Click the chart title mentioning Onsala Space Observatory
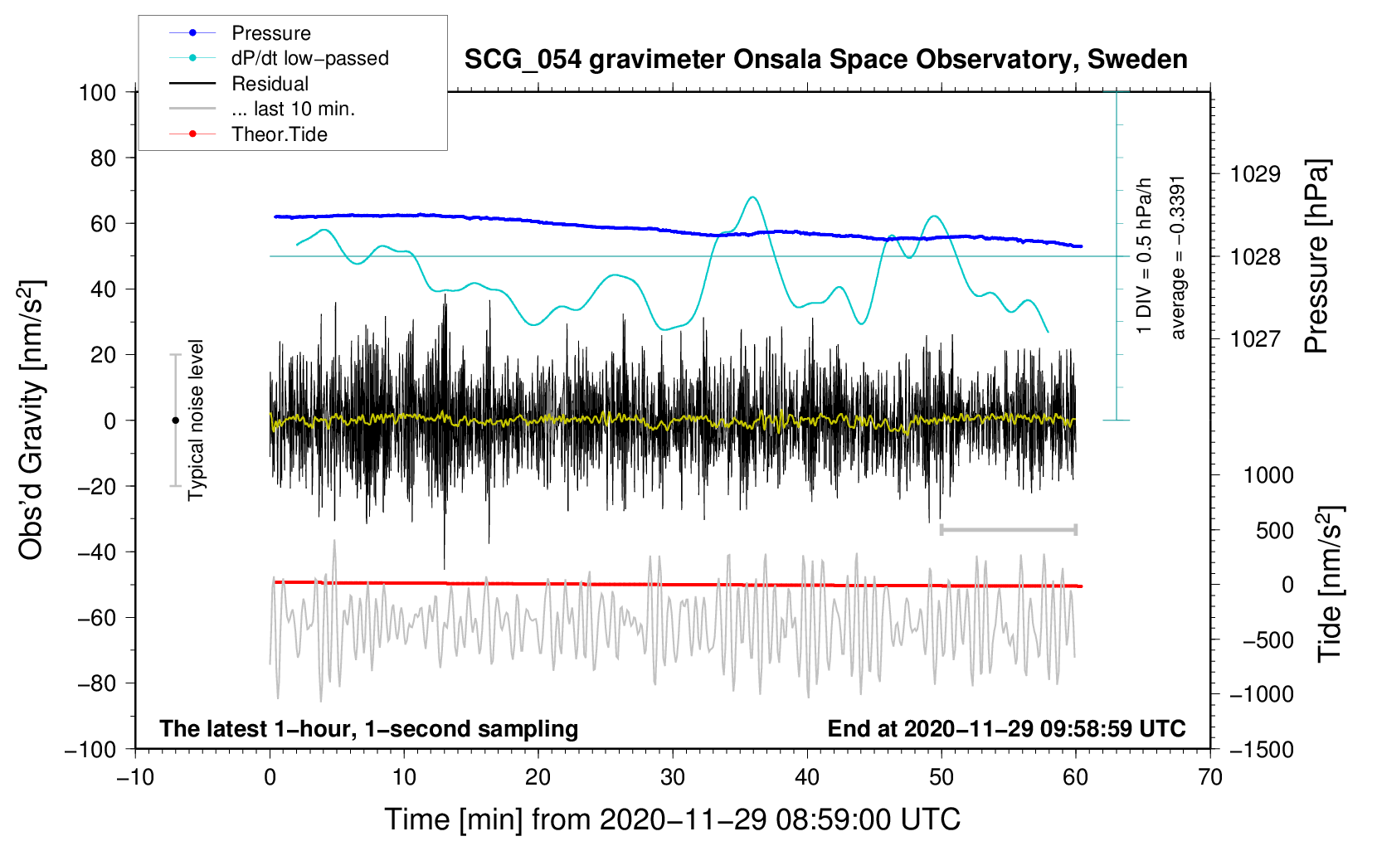click(x=825, y=60)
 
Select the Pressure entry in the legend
click(x=270, y=33)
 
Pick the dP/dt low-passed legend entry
click(x=309, y=58)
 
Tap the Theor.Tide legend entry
click(x=279, y=134)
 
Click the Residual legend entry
click(x=270, y=84)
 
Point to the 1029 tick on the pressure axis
click(x=1255, y=174)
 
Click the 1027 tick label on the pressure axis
click(x=1255, y=338)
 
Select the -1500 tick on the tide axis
click(x=1261, y=749)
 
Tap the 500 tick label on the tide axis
click(x=1274, y=530)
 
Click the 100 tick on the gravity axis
click(x=97, y=92)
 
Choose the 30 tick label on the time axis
click(x=673, y=777)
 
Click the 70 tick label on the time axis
click(x=1210, y=777)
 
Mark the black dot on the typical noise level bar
click(x=175, y=421)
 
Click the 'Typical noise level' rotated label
click(x=196, y=420)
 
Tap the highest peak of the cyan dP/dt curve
click(x=752, y=197)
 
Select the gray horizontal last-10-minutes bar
click(x=1008, y=529)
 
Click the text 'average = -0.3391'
click(x=1178, y=257)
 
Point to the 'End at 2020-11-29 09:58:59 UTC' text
click(x=1006, y=728)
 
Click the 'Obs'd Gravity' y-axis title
click(x=31, y=420)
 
